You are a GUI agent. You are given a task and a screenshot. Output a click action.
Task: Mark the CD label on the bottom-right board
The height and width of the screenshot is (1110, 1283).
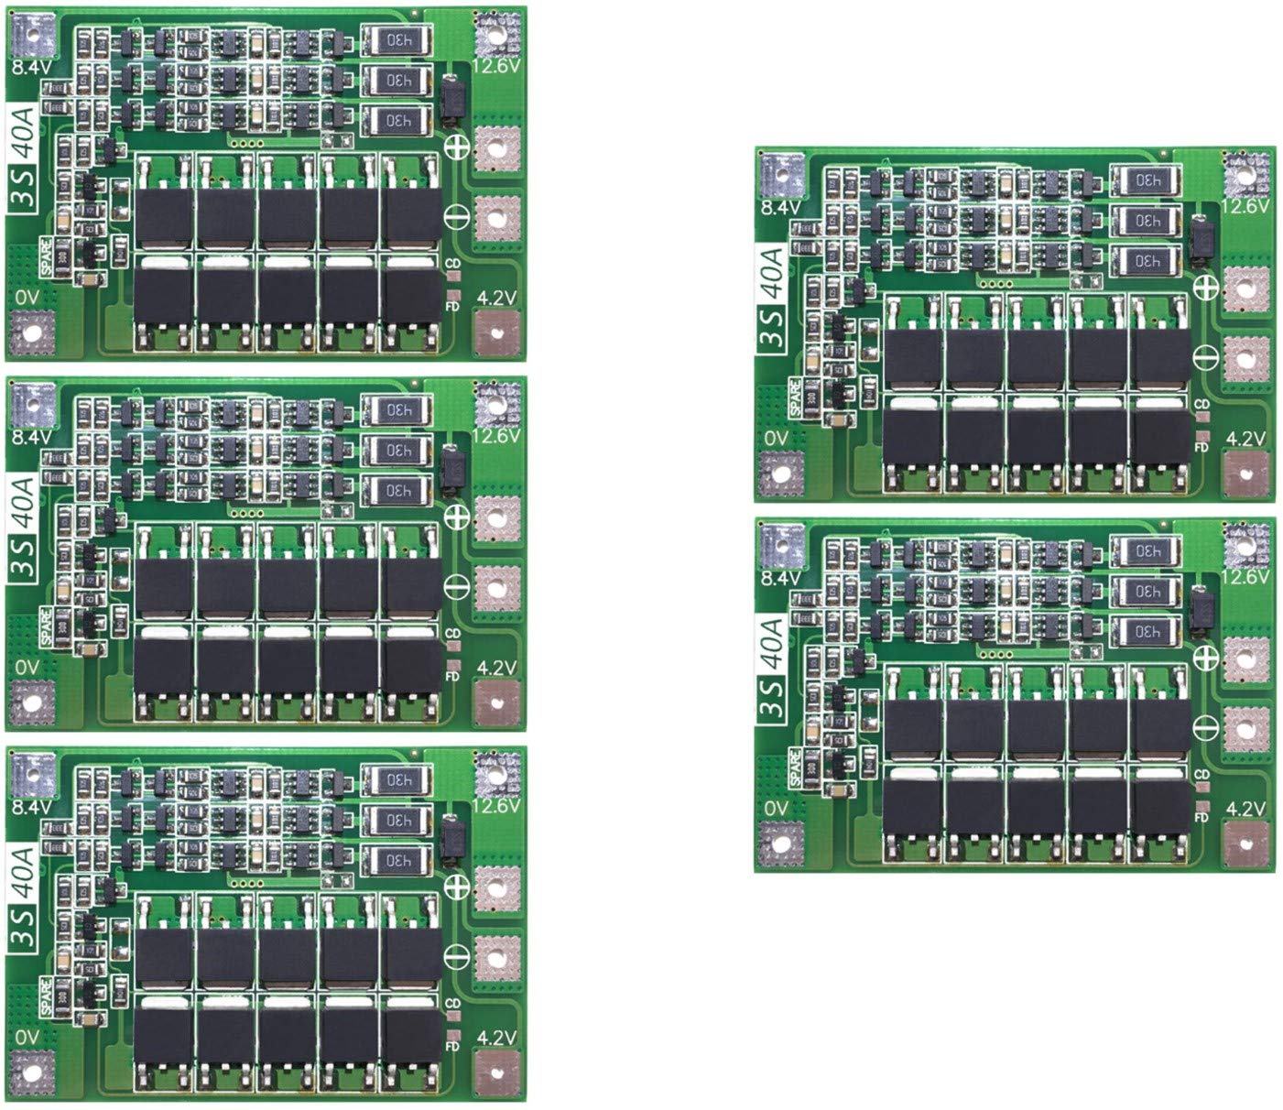tap(1202, 775)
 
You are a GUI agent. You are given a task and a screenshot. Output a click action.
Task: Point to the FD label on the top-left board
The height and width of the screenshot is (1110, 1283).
tap(452, 306)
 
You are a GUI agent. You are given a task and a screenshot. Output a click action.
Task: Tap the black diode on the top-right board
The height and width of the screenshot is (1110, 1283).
tap(1201, 242)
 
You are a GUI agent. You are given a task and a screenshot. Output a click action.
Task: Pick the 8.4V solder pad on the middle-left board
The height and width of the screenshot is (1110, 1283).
tap(33, 402)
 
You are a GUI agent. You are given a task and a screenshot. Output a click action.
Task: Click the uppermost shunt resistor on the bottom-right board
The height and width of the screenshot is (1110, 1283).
tap(1145, 550)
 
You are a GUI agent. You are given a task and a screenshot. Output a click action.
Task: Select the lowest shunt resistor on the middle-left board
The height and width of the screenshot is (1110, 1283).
tap(395, 492)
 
